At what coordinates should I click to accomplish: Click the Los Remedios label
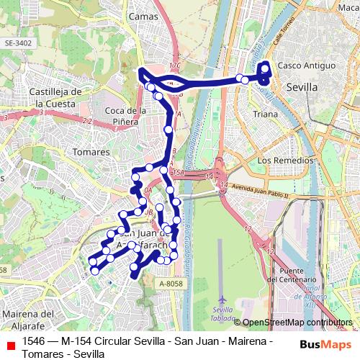[x=284, y=160]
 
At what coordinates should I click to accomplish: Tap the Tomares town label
[x=91, y=152]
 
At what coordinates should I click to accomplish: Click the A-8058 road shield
[x=169, y=284]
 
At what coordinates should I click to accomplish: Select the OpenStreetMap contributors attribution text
[x=297, y=323]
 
